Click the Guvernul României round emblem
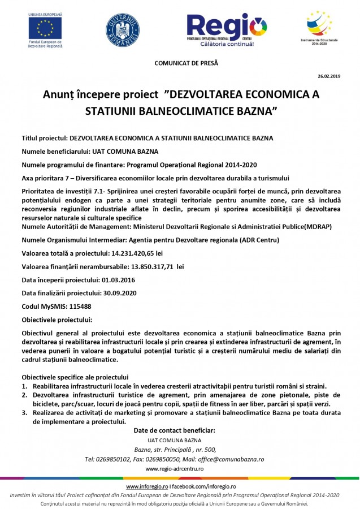click(x=123, y=29)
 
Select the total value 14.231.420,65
click(x=124, y=253)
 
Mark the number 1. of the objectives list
click(x=25, y=386)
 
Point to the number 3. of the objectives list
click(x=25, y=413)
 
